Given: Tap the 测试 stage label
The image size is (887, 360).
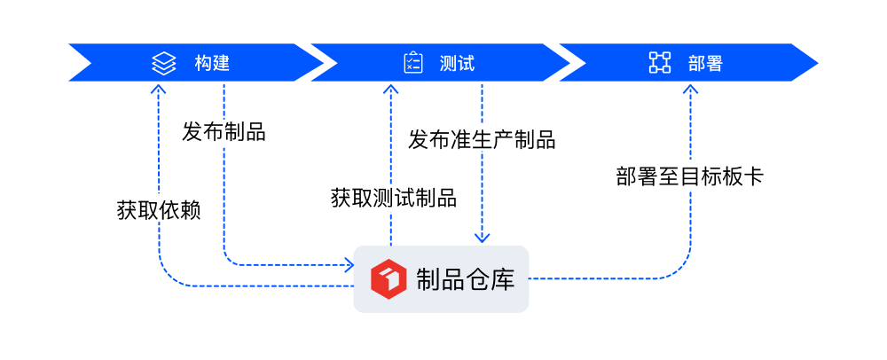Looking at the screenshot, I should click(457, 63).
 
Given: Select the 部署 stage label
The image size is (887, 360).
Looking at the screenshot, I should click(705, 63).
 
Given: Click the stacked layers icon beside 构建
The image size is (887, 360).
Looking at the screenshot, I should click(163, 63).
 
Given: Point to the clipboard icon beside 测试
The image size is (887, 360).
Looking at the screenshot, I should click(413, 63).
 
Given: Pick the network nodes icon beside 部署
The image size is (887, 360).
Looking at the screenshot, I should click(660, 63).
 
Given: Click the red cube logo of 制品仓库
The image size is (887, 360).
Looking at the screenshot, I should click(388, 278).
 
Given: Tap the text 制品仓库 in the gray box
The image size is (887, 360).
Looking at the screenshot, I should click(465, 278).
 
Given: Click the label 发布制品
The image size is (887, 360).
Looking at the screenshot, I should click(224, 132).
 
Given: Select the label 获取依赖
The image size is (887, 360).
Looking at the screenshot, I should click(158, 211).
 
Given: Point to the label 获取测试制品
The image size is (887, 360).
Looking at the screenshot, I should click(393, 197).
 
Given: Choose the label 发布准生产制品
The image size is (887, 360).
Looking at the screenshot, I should click(482, 139).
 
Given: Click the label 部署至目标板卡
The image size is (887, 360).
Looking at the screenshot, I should click(689, 176).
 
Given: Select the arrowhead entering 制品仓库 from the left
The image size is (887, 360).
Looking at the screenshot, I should click(349, 264).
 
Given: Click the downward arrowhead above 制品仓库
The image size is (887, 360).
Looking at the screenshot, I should click(482, 238).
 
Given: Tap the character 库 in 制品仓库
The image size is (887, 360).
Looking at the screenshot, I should click(502, 278).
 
